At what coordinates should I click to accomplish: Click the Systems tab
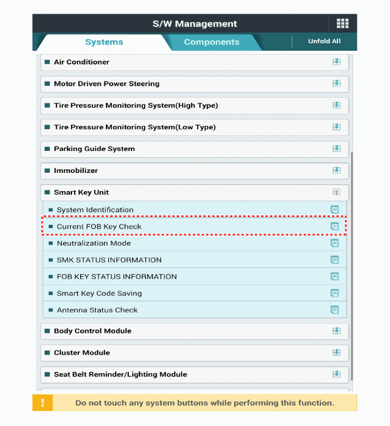pos(104,42)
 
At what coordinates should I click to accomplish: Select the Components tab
pos(212,42)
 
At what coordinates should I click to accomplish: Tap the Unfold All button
pos(324,41)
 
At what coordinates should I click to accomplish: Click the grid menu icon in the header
pos(342,24)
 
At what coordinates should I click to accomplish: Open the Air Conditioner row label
pos(81,62)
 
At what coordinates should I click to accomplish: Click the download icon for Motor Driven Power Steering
pos(336,84)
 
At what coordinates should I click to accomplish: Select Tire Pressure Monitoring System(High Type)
pos(136,105)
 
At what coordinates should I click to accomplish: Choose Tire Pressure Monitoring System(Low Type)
pos(135,127)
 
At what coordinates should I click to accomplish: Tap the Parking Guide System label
pos(94,148)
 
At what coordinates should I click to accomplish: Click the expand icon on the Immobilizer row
pos(336,170)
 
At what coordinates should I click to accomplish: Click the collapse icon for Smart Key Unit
pos(336,192)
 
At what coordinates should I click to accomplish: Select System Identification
pos(95,210)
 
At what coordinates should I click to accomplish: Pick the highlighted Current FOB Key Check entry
pos(99,226)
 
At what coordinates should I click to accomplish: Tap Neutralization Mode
pos(94,243)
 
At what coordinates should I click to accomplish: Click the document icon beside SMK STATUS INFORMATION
pos(334,260)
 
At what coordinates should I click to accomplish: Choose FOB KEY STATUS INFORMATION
pos(116,276)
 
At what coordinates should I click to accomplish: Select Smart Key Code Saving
pos(99,293)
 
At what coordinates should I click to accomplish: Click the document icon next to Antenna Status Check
pos(334,310)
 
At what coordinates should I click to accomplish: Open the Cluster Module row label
pos(81,353)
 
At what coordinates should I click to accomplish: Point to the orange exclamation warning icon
pos(43,403)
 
